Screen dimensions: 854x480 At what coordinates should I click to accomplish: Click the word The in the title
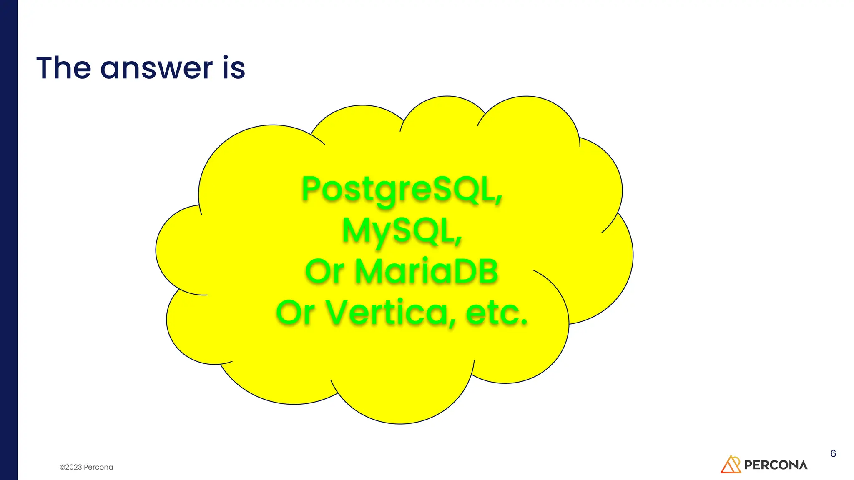pos(63,68)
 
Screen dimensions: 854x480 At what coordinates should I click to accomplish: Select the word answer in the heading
pos(156,69)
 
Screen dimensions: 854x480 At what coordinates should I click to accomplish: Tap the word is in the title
pos(234,68)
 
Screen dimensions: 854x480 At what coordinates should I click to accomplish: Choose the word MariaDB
pos(427,271)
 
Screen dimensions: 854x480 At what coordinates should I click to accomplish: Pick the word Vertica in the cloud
pos(388,312)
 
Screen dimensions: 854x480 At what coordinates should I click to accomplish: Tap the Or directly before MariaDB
pos(324,271)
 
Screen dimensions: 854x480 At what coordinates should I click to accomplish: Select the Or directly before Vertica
pos(295,312)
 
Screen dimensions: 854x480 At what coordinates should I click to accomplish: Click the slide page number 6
pos(833,453)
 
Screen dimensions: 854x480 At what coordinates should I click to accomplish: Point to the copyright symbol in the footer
pos(62,467)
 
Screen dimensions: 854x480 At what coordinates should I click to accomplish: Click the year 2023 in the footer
pos(74,467)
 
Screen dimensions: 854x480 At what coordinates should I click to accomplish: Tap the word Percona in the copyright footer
pos(98,467)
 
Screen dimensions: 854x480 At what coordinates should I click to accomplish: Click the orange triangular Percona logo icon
pos(731,464)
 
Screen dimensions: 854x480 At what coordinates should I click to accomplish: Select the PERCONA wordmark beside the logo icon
pos(776,465)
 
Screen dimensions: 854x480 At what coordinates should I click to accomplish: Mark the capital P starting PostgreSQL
pos(311,189)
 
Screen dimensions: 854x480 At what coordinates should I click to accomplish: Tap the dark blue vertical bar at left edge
pos(9,240)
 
